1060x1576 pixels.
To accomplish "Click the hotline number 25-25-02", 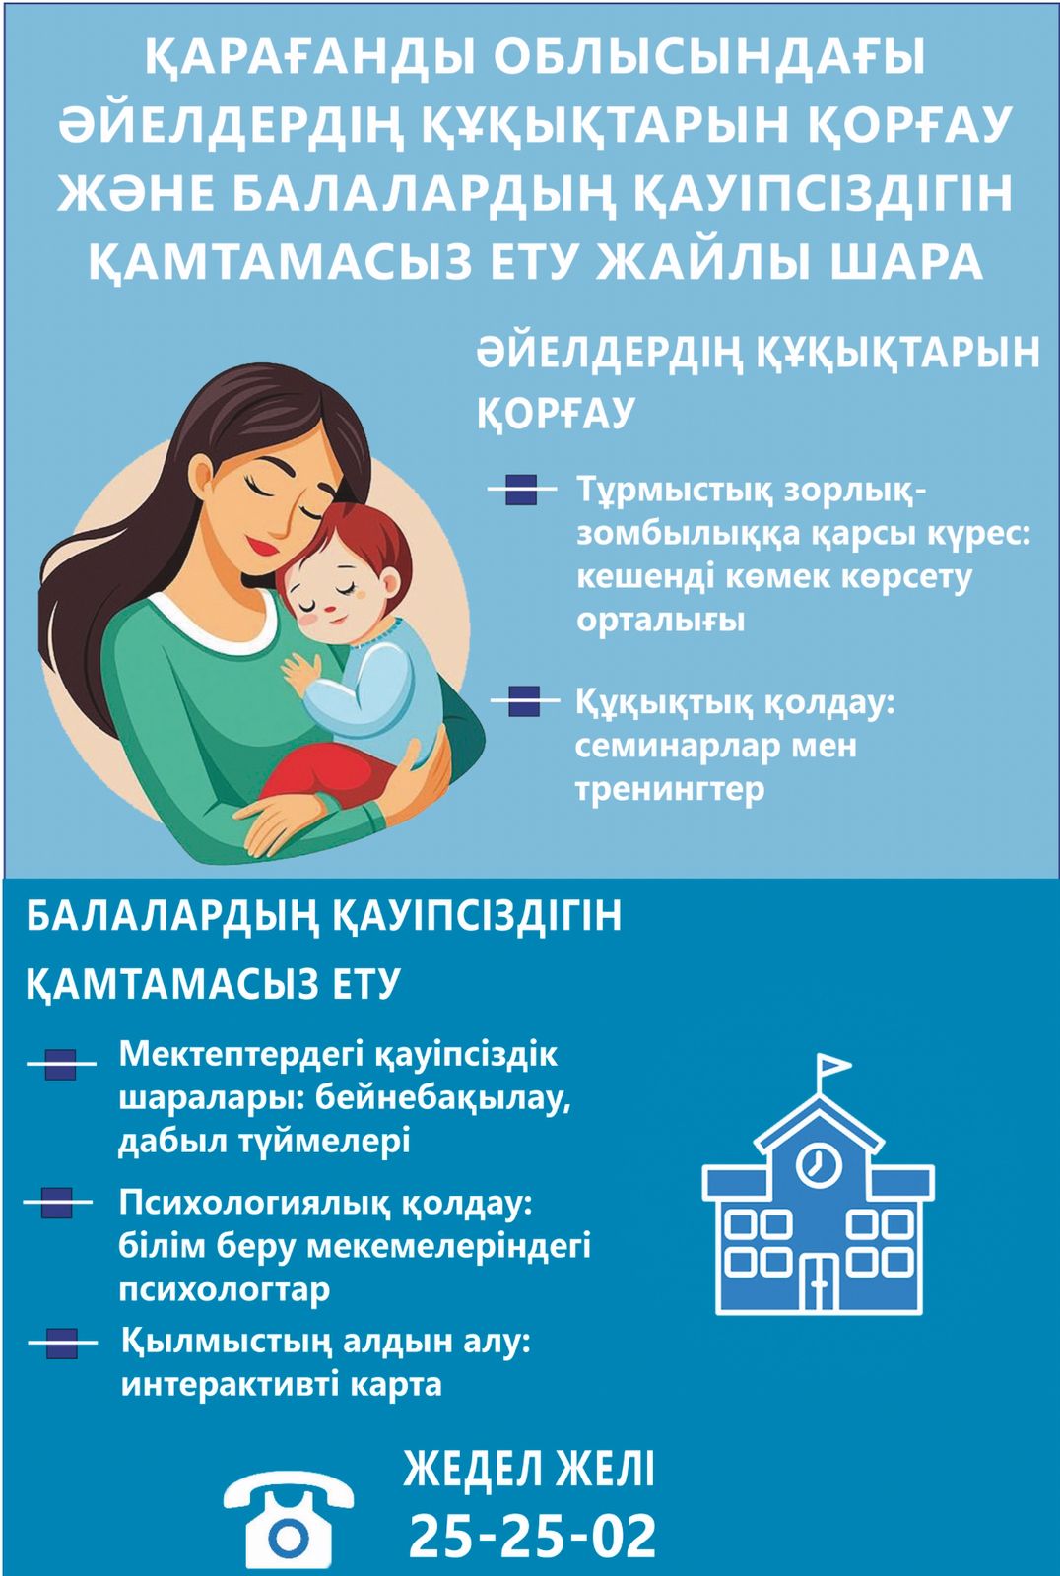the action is pyautogui.click(x=532, y=1536).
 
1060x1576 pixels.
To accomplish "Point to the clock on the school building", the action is pyautogui.click(x=819, y=1163).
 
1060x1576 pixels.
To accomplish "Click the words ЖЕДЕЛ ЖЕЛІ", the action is pyautogui.click(x=529, y=1468).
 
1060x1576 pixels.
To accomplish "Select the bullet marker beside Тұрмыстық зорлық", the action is pyautogui.click(x=521, y=489).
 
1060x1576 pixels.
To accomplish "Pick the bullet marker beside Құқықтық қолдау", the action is pyautogui.click(x=524, y=700).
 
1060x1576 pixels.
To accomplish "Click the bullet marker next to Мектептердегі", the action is pyautogui.click(x=60, y=1064).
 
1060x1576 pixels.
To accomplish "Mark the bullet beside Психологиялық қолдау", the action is pyautogui.click(x=57, y=1203).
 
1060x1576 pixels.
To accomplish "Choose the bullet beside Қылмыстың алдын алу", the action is pyautogui.click(x=62, y=1343).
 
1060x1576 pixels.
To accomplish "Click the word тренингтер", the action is pyautogui.click(x=669, y=789).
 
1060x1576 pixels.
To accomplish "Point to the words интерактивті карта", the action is pyautogui.click(x=282, y=1385).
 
